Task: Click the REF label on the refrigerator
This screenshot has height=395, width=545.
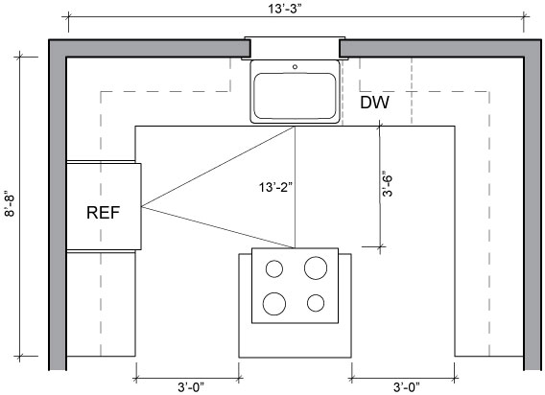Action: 103,213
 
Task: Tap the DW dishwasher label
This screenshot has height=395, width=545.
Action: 374,103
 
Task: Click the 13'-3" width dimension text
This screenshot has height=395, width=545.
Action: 284,9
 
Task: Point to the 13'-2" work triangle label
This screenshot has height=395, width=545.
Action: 276,187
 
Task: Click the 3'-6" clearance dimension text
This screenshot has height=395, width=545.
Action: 388,184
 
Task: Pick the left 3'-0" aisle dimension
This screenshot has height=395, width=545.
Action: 191,387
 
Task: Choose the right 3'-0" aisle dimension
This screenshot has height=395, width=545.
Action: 407,387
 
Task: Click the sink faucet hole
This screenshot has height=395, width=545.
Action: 296,67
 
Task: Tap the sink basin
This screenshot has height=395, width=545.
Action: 296,96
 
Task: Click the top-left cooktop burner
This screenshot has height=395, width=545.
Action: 274,268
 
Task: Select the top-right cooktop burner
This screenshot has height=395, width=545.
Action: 316,267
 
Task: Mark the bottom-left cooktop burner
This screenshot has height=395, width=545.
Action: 274,304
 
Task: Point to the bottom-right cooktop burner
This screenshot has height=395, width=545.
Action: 316,303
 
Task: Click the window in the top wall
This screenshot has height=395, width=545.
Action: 295,48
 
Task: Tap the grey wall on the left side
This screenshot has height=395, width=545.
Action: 58,205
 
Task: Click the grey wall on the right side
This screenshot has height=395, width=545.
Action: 533,205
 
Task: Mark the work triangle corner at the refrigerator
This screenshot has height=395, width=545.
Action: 141,207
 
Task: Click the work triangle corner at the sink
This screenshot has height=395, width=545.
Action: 295,127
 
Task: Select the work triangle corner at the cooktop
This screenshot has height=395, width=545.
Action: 295,248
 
